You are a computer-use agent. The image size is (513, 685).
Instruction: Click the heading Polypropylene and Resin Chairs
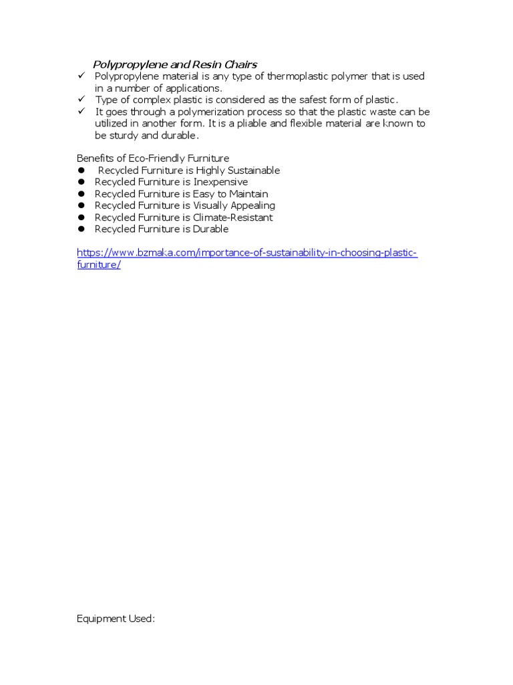pyautogui.click(x=174, y=64)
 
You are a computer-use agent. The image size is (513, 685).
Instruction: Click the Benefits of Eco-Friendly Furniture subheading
pyautogui.click(x=153, y=159)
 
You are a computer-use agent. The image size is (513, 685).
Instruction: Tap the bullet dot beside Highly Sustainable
pyautogui.click(x=81, y=171)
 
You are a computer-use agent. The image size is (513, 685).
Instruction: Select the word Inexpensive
pyautogui.click(x=220, y=182)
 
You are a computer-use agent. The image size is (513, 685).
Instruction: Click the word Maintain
pyautogui.click(x=248, y=194)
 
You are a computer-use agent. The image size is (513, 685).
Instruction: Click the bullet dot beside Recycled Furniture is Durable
pyautogui.click(x=81, y=229)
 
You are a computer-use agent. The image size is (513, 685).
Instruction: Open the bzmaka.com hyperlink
pyautogui.click(x=247, y=253)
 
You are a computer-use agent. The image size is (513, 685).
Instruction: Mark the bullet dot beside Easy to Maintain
pyautogui.click(x=81, y=194)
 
